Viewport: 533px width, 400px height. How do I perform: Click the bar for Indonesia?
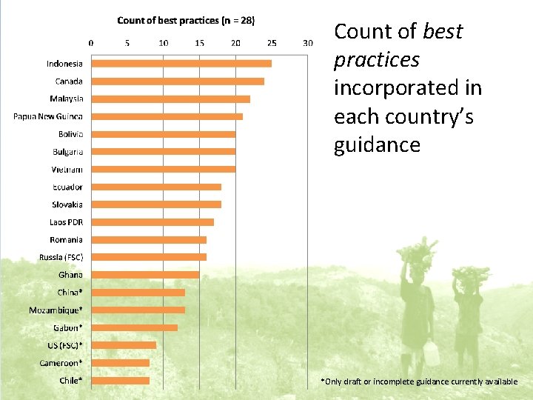click(181, 64)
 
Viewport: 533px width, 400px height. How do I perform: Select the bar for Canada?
click(177, 81)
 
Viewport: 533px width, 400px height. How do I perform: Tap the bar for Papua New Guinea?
click(167, 116)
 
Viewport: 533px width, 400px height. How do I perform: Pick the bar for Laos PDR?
click(152, 222)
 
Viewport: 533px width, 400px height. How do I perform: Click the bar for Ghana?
click(144, 275)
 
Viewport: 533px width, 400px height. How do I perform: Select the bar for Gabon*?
click(134, 327)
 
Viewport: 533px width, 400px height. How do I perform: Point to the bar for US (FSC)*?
click(123, 345)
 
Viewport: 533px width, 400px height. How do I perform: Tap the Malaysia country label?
click(67, 99)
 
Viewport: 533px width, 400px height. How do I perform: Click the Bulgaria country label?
click(67, 152)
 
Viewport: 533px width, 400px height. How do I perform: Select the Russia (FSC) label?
click(61, 257)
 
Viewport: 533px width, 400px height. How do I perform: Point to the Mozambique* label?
click(56, 310)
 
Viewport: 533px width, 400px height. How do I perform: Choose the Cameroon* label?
click(61, 363)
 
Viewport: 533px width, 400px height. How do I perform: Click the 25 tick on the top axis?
click(272, 43)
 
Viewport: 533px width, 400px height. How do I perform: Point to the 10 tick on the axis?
click(163, 43)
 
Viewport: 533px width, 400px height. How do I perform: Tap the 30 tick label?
click(308, 43)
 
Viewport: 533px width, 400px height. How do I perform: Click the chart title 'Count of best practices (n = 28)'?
click(186, 21)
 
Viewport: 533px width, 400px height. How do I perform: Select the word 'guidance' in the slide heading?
click(377, 144)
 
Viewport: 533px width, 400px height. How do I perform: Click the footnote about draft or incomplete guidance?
click(419, 381)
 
